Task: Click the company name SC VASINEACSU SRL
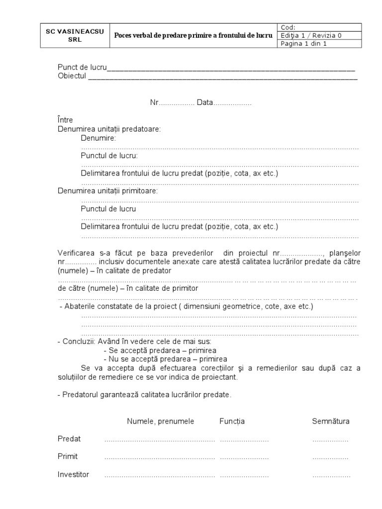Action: click(75, 35)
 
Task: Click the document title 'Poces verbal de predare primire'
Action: click(193, 35)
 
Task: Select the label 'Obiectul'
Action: click(72, 76)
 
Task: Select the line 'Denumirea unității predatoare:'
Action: click(109, 129)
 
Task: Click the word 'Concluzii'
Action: click(80, 342)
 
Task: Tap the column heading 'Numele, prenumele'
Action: click(160, 422)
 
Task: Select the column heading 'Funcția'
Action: click(232, 422)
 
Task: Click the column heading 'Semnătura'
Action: click(331, 422)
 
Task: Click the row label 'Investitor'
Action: click(73, 475)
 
